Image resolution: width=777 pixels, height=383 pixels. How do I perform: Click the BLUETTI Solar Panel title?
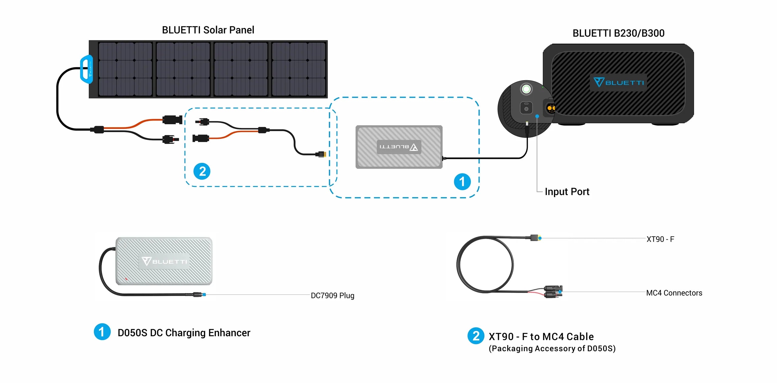(208, 30)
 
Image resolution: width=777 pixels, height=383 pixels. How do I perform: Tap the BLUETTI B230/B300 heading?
(618, 33)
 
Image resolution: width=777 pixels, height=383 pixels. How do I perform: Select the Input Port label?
(567, 192)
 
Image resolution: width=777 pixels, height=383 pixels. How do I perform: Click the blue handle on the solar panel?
(86, 69)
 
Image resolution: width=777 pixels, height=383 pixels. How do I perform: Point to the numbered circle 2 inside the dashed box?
(202, 171)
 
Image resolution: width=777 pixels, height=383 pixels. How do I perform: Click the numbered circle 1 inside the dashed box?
(462, 182)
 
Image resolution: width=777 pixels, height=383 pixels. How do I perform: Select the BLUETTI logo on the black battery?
(618, 82)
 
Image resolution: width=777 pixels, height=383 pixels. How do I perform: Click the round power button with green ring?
(526, 89)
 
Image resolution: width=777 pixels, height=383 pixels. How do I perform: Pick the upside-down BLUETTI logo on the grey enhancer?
(399, 147)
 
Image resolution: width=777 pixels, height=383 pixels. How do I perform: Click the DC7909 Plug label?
(332, 296)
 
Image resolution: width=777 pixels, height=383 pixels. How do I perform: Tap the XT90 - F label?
(660, 239)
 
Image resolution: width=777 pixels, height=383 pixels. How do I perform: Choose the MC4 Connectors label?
(674, 293)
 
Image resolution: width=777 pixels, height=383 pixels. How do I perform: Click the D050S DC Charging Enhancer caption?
(184, 333)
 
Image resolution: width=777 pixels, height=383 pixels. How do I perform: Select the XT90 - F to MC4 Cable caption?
(541, 337)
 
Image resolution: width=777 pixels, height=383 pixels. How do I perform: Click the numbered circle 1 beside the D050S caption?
(102, 332)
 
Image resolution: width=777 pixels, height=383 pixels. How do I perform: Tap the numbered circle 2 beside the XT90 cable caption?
(476, 336)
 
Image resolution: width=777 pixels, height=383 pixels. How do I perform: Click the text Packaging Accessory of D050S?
(552, 349)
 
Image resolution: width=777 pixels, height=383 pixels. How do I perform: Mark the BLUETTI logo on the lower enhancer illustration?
(164, 261)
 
